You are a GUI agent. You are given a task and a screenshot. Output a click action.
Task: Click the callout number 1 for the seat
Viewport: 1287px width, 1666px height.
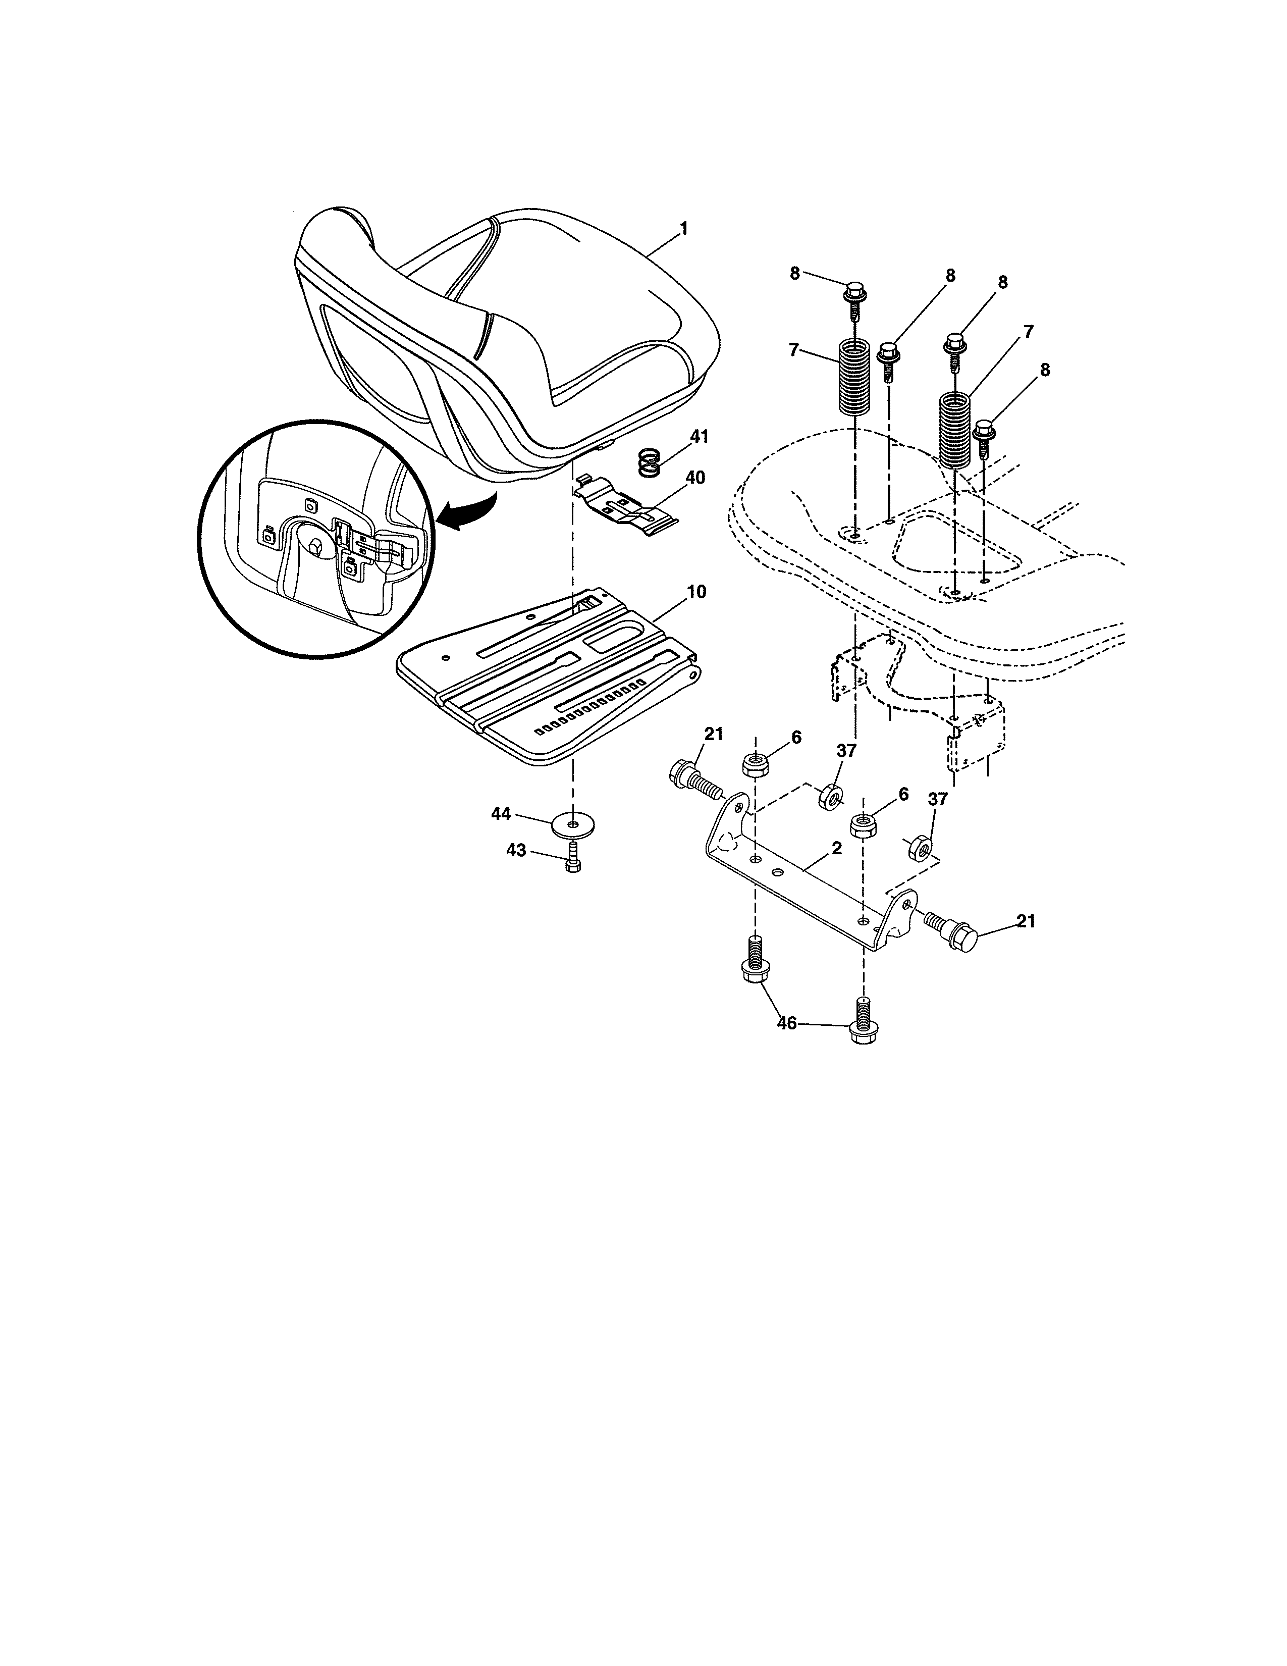[683, 228]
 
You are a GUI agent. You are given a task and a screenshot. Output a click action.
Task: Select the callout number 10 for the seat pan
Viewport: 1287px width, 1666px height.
[695, 592]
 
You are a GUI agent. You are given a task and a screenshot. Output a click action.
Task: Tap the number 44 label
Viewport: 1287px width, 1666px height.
[501, 815]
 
